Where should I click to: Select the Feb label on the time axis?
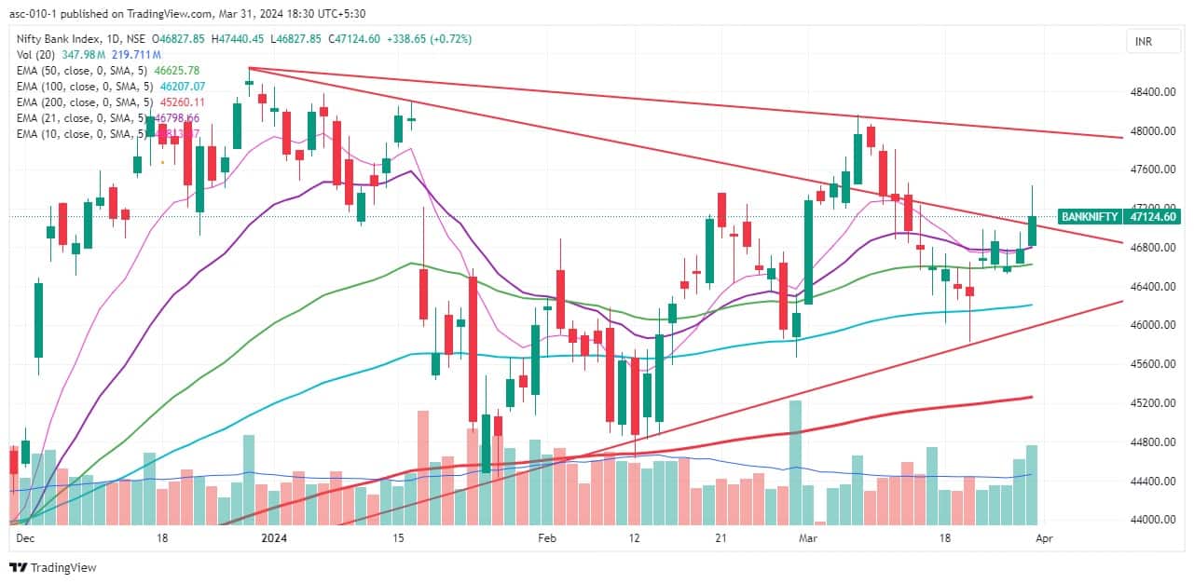click(547, 538)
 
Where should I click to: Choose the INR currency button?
click(1143, 41)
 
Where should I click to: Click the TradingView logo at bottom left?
click(52, 567)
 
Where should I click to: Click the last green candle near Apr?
click(1033, 231)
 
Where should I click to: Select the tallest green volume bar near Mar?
click(795, 461)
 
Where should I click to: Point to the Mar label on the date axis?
click(806, 538)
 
